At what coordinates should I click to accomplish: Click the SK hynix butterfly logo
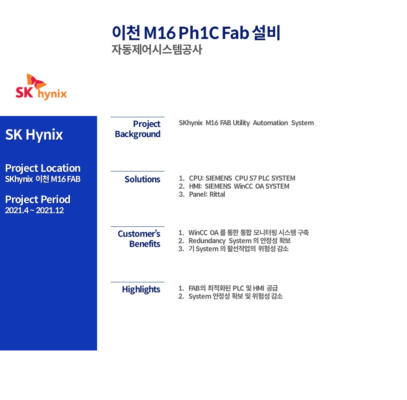click(41, 87)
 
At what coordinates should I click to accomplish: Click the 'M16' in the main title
click(160, 33)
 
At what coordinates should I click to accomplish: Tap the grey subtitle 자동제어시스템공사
click(157, 50)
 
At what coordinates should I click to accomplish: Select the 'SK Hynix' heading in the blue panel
click(34, 135)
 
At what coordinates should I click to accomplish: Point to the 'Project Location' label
click(43, 168)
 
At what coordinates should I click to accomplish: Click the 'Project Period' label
click(38, 199)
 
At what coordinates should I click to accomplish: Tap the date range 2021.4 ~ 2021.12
click(34, 210)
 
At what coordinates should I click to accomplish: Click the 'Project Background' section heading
click(137, 129)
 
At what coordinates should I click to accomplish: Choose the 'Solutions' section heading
click(142, 179)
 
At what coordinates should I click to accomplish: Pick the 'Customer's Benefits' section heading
click(139, 239)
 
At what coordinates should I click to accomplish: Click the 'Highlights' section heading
click(141, 290)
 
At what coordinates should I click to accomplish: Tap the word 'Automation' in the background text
click(270, 123)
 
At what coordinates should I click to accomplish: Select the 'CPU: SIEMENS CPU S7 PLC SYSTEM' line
click(242, 178)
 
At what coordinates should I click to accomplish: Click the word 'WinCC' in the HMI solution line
click(243, 186)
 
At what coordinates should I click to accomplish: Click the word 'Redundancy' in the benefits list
click(207, 241)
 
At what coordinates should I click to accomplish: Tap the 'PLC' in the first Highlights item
click(238, 288)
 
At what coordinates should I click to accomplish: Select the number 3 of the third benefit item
click(181, 249)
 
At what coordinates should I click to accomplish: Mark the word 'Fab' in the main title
click(235, 33)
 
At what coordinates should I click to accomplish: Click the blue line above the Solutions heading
click(137, 171)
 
